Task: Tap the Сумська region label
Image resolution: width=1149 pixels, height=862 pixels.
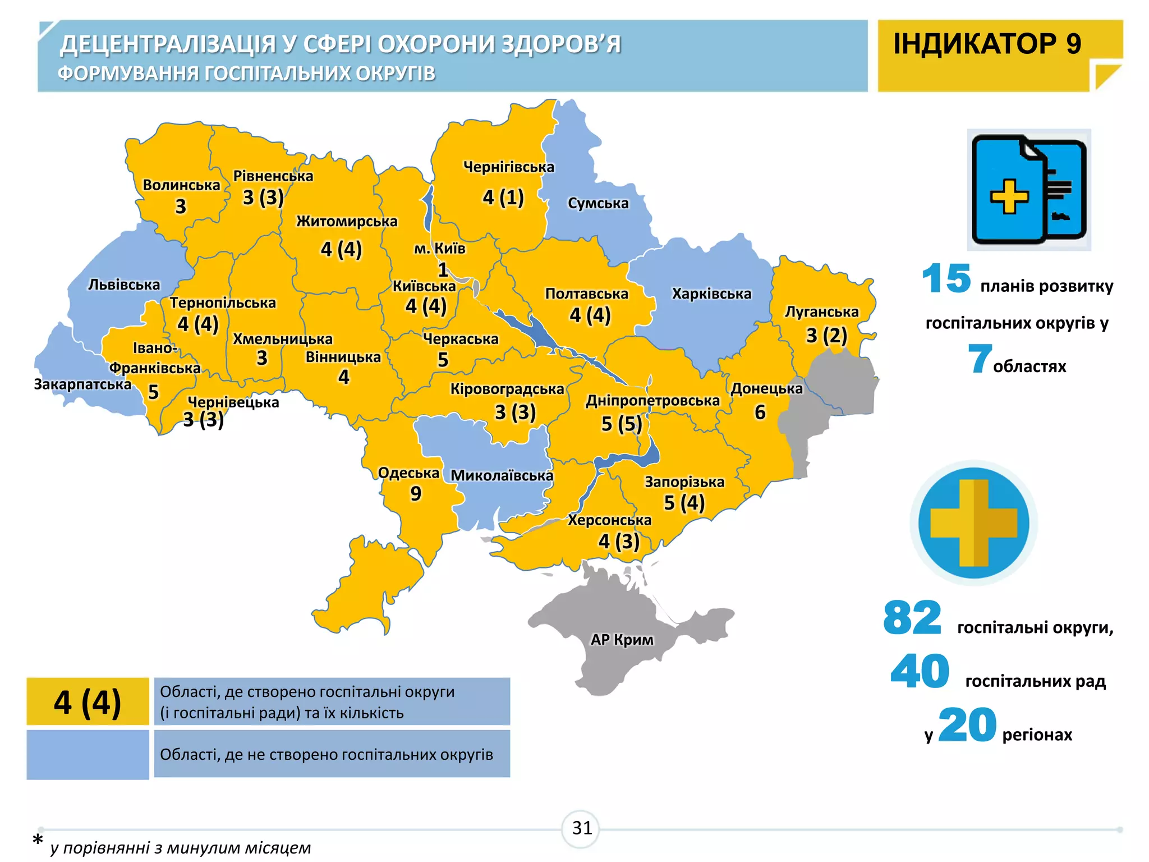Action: [598, 203]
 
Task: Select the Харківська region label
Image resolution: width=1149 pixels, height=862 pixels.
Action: [711, 294]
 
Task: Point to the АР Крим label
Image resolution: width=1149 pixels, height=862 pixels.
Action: [622, 639]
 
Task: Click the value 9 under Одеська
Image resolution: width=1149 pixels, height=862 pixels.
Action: [415, 493]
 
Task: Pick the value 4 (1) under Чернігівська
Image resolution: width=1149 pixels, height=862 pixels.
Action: [503, 197]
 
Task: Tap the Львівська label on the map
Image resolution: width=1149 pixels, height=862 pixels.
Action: [124, 285]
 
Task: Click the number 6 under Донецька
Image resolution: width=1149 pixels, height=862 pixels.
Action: [760, 412]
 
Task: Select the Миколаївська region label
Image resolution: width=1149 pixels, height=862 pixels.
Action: [502, 475]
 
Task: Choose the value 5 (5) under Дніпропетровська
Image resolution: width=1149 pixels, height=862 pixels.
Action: [621, 424]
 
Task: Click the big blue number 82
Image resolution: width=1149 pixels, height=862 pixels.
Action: [912, 618]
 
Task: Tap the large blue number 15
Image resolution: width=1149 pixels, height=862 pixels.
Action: [946, 278]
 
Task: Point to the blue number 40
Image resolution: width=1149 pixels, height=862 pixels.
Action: [920, 671]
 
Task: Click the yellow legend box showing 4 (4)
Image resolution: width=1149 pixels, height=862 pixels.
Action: [88, 701]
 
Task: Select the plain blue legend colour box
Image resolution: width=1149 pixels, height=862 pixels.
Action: [88, 754]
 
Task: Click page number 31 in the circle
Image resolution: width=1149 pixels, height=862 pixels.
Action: [581, 828]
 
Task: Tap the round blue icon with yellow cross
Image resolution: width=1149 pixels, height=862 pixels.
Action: [973, 523]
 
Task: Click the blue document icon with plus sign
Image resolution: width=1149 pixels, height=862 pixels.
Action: [1028, 190]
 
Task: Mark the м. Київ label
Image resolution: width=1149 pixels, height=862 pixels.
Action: [439, 249]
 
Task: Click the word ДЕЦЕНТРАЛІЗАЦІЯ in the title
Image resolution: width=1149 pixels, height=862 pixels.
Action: [168, 44]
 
